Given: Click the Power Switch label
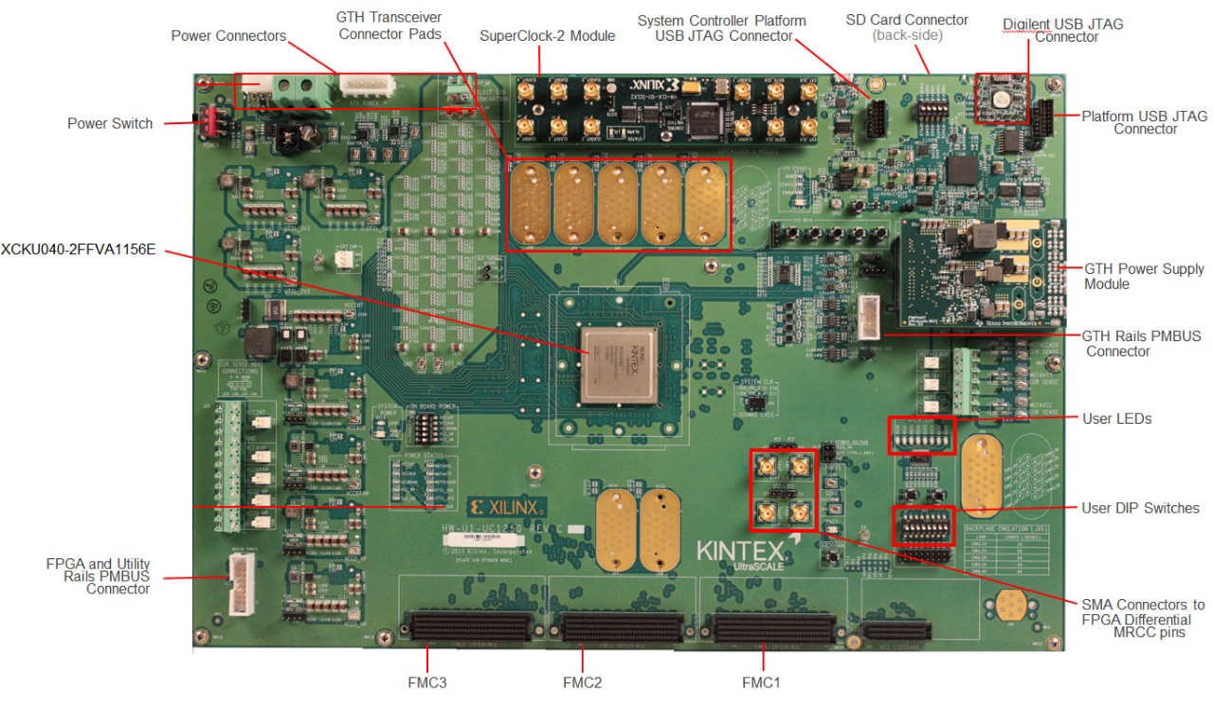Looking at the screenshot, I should pyautogui.click(x=110, y=123).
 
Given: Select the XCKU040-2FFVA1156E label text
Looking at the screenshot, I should pyautogui.click(x=78, y=251).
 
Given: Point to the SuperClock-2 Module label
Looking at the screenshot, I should pyautogui.click(x=548, y=36).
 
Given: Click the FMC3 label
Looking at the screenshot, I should pyautogui.click(x=427, y=682).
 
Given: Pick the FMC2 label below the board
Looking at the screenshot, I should pyautogui.click(x=582, y=682).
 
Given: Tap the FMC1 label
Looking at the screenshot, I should pyautogui.click(x=762, y=682).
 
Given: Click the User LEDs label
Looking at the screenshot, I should pyautogui.click(x=1115, y=418).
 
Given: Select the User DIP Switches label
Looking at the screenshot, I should pyautogui.click(x=1140, y=508).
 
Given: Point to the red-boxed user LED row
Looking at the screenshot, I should pyautogui.click(x=921, y=434).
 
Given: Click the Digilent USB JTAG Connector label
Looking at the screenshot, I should pyautogui.click(x=1062, y=30).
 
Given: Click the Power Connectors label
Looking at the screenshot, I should pyautogui.click(x=228, y=36).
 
